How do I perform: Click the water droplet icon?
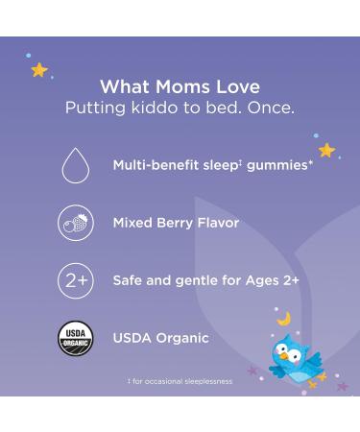tap(76, 167)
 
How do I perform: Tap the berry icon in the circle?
tap(76, 223)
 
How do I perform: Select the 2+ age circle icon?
tap(76, 281)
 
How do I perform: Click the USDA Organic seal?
tap(76, 339)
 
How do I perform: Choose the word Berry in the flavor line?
tap(187, 223)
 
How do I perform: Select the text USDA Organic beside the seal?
tap(160, 338)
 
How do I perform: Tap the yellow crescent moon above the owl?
tap(284, 318)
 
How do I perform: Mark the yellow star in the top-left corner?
tap(39, 70)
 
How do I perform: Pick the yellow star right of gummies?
tap(326, 151)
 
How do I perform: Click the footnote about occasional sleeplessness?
tap(180, 382)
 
